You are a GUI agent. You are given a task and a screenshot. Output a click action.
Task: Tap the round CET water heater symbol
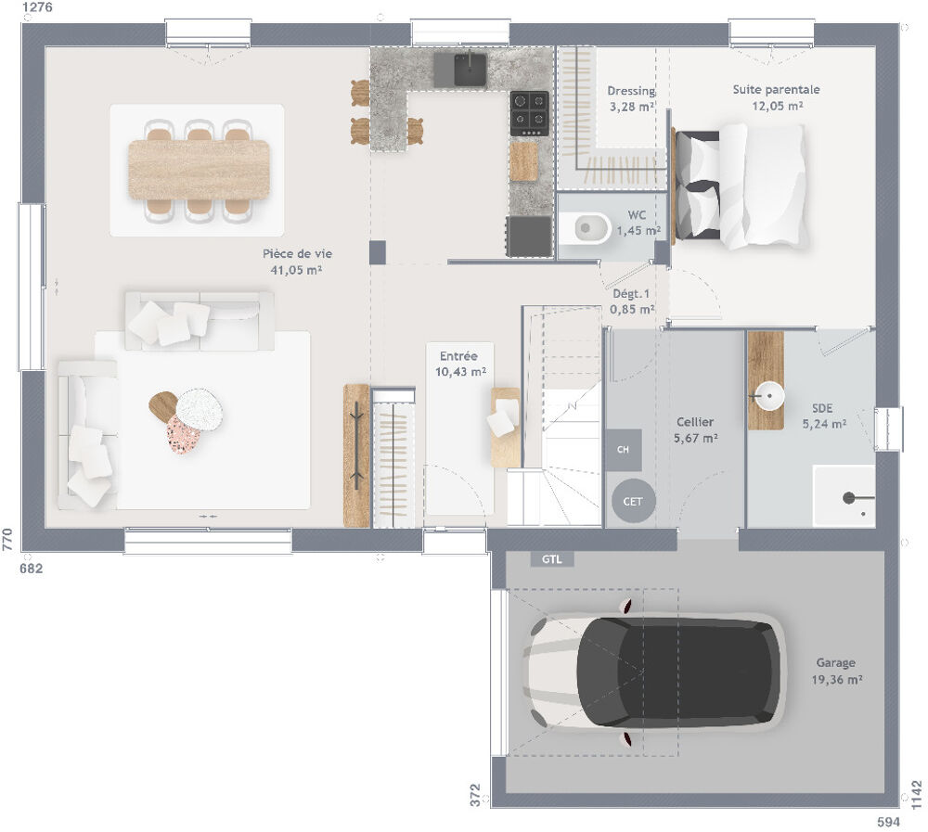[633, 502]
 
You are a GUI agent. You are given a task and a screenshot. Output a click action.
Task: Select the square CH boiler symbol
[623, 450]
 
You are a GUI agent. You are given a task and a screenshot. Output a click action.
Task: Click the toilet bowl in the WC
[588, 226]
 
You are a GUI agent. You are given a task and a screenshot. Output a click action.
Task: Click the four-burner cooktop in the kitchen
[529, 111]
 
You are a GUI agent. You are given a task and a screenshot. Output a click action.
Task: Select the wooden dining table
[198, 170]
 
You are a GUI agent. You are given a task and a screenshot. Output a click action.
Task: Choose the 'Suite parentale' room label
[776, 90]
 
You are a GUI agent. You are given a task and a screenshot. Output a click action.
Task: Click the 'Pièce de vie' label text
[297, 253]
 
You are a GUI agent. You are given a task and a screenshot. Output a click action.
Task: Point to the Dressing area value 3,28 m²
[632, 108]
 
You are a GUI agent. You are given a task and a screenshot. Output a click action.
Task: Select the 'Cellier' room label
[695, 422]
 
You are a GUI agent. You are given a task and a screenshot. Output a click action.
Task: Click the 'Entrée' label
[458, 356]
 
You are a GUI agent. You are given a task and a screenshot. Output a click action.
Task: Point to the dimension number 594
[889, 822]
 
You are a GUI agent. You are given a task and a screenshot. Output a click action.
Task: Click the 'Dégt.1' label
[630, 294]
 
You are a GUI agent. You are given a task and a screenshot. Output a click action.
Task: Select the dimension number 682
[32, 568]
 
